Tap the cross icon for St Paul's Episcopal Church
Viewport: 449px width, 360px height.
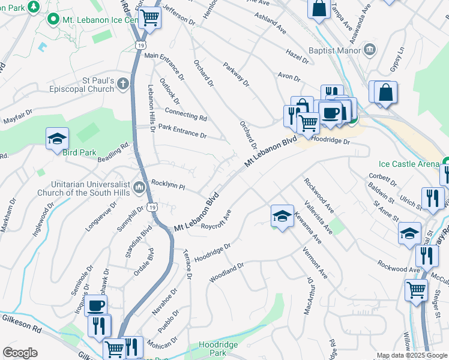(123, 83)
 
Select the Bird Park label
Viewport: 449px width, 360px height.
(79, 152)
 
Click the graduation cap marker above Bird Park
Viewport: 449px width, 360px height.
(58, 138)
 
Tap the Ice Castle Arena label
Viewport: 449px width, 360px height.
(409, 163)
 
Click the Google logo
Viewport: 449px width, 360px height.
(20, 353)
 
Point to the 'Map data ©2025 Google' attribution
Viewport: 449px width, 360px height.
(411, 355)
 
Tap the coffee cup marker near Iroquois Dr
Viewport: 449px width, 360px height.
(95, 305)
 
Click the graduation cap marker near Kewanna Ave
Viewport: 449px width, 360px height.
(282, 215)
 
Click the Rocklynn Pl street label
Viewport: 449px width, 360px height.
(168, 186)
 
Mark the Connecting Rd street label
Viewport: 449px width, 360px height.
(185, 116)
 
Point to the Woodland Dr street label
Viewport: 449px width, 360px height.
(226, 272)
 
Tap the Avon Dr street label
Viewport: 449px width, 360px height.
(288, 76)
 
